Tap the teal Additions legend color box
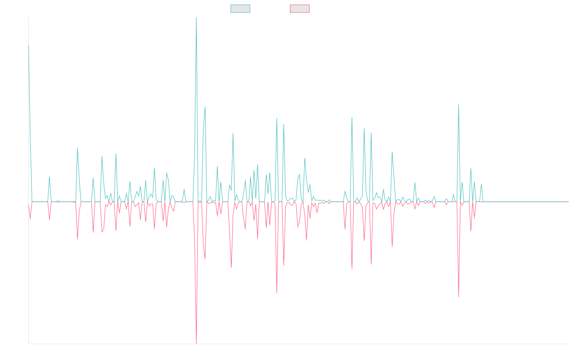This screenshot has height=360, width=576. tap(240, 9)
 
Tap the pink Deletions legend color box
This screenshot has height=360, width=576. tap(300, 9)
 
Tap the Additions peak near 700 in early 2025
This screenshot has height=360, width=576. tap(458, 105)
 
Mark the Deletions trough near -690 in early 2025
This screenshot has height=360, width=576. tap(458, 297)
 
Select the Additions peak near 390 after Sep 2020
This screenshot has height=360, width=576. tap(77, 148)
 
